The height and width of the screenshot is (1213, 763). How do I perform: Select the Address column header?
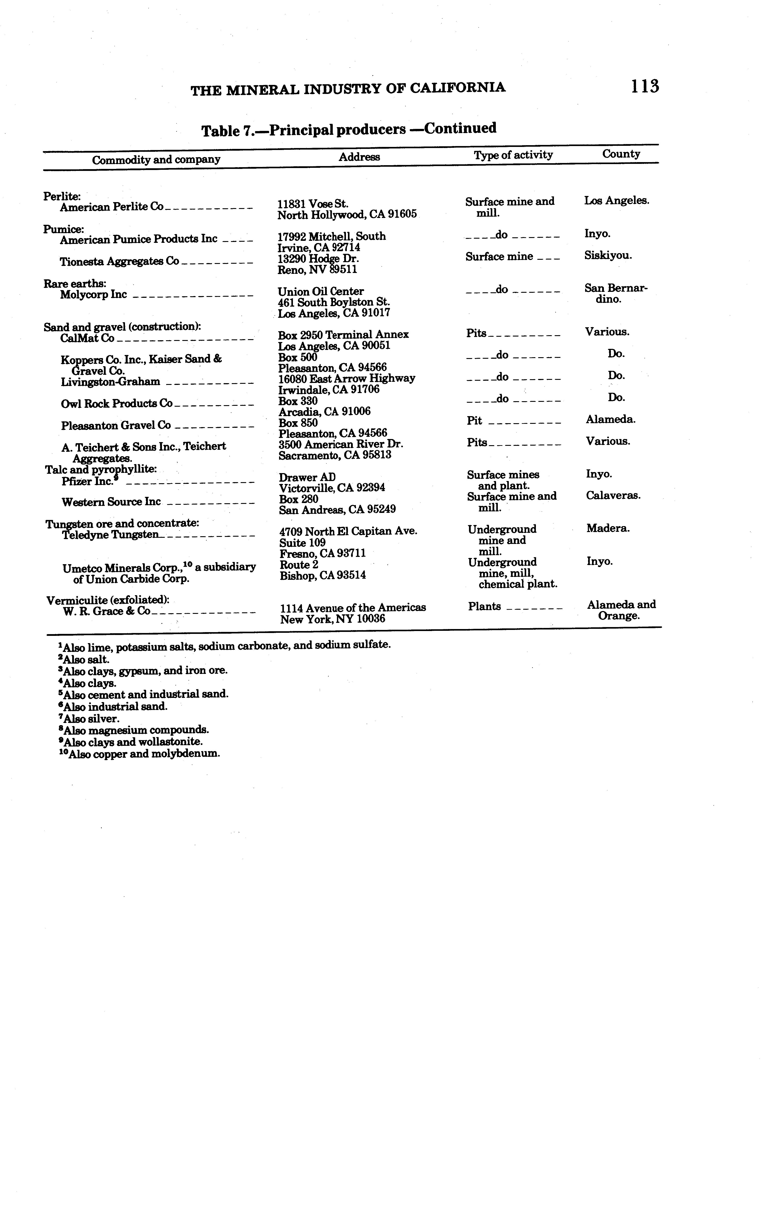click(359, 157)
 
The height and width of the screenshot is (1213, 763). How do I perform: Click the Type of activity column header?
click(513, 155)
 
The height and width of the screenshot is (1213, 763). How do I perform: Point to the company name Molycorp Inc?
click(93, 295)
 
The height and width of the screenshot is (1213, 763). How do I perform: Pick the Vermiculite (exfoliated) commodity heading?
click(107, 600)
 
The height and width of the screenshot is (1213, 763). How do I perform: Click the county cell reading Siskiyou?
click(608, 255)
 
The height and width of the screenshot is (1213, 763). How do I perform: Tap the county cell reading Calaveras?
click(613, 495)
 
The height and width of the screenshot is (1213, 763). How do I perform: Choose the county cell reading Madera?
click(608, 529)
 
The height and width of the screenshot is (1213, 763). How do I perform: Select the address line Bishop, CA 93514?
click(323, 575)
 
